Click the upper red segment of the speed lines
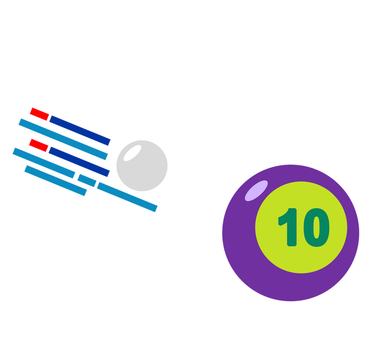[x=39, y=114]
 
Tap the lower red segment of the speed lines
[x=38, y=145]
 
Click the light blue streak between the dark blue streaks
[x=62, y=139]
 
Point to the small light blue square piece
[x=87, y=181]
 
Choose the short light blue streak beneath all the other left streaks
[x=56, y=181]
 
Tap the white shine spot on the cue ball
[x=133, y=152]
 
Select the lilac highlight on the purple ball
[x=256, y=190]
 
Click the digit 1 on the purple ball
[x=290, y=228]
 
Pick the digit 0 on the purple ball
[x=316, y=228]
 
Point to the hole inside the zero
[x=316, y=228]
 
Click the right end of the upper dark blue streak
[x=109, y=142]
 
